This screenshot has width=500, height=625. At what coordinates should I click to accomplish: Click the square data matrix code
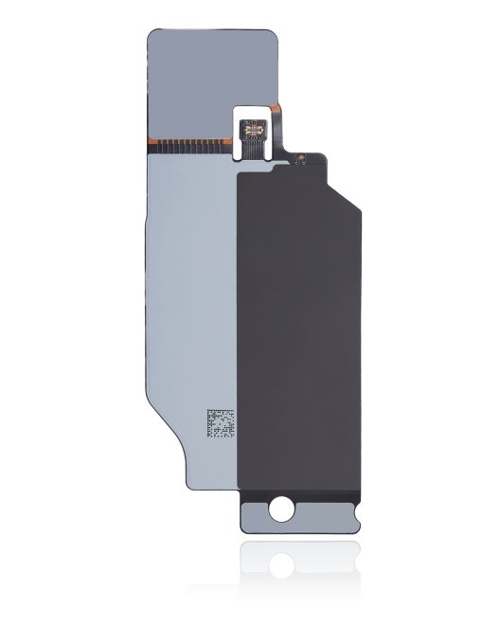[220, 424]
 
